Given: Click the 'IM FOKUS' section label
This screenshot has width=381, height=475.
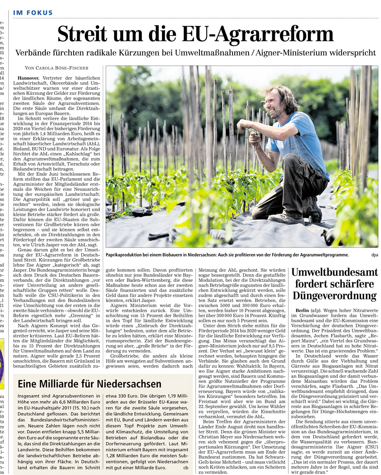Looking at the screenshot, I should coord(33,13).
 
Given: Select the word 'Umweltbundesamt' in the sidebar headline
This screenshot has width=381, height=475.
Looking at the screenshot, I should coord(334,273).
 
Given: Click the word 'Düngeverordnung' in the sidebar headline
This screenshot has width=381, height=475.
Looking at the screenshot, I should coord(334,296).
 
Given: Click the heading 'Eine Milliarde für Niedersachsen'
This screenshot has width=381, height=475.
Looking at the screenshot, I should coord(89,384).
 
